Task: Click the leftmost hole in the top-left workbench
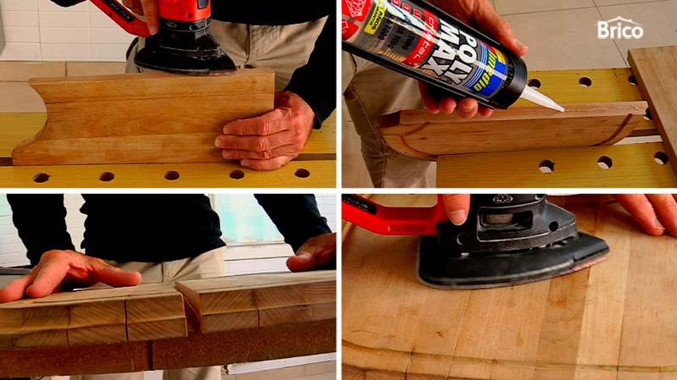point(41,178)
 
